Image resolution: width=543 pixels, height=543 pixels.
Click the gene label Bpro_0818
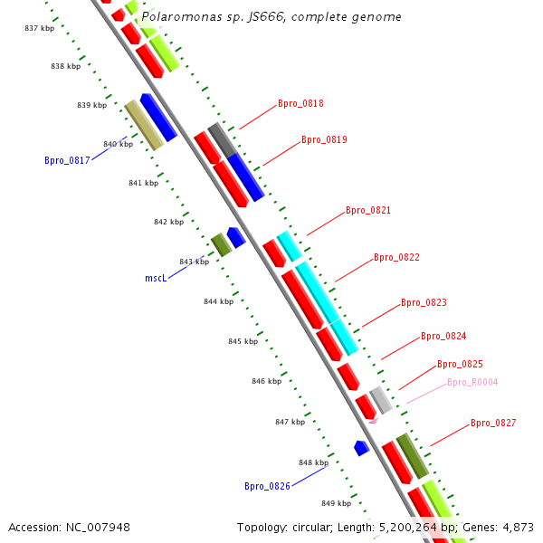300,103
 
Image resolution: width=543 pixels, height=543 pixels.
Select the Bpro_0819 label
324,139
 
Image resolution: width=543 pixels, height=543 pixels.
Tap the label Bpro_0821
368,210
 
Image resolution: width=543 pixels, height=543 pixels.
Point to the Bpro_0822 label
396,257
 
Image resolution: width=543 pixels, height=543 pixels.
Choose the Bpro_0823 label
424,302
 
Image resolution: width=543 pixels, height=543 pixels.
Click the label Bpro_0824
443,336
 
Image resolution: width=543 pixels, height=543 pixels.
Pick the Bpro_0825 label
460,364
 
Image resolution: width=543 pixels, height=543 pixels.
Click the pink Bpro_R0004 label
472,382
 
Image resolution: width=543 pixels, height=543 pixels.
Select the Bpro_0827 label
493,423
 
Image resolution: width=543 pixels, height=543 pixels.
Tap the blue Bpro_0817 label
67,160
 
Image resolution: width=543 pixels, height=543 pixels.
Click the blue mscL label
156,278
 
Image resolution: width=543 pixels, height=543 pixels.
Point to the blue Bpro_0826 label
267,486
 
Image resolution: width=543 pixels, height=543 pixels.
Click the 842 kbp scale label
168,222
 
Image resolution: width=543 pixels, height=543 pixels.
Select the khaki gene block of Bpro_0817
144,125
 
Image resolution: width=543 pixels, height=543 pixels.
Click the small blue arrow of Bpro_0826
361,447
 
